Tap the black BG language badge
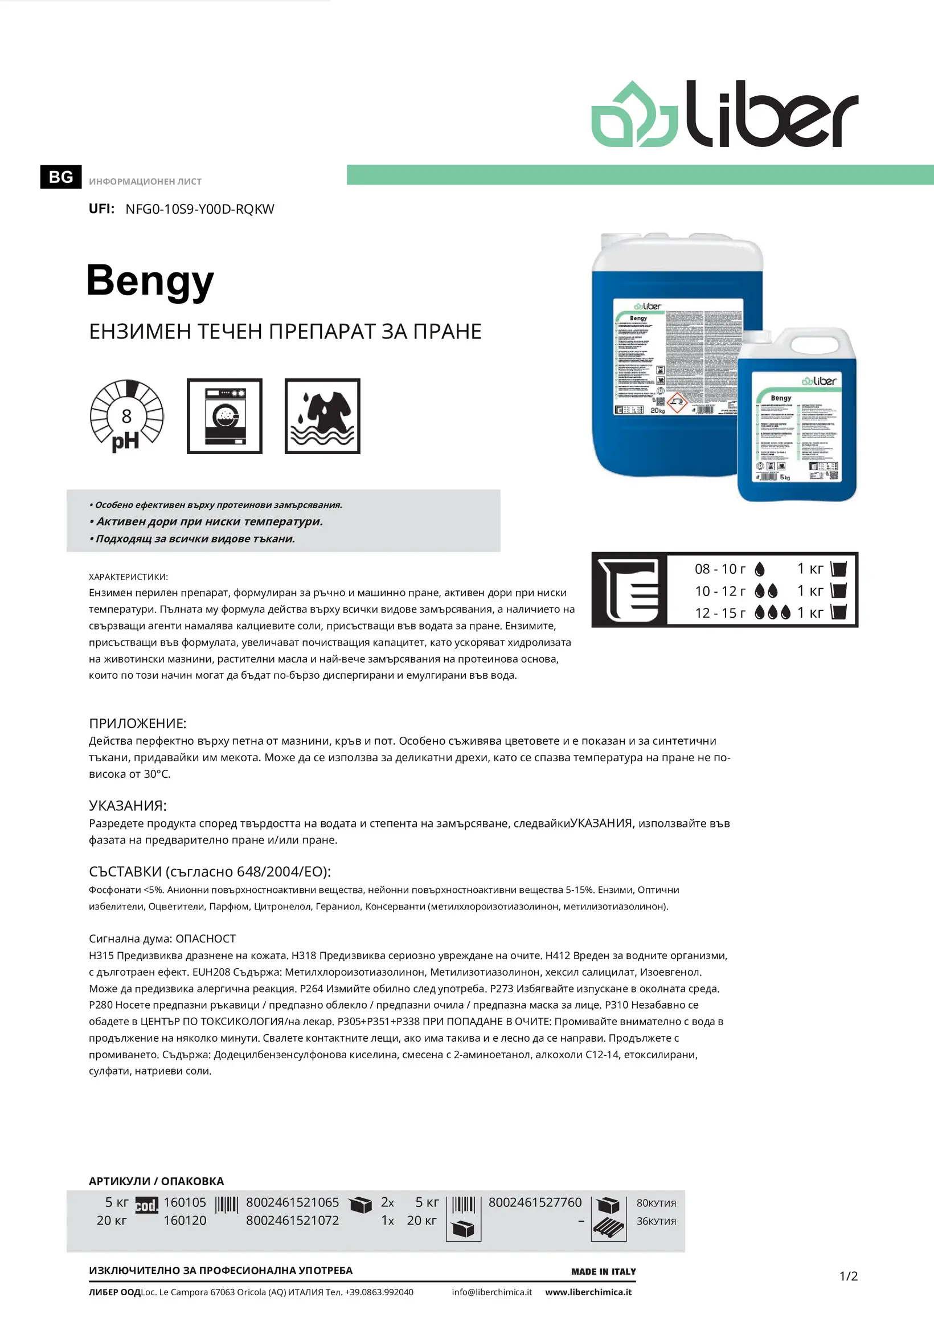tap(60, 177)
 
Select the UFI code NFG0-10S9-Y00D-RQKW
tap(200, 209)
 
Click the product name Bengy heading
tap(150, 281)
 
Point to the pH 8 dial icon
tap(126, 416)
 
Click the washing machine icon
tap(224, 417)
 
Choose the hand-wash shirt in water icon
tap(322, 417)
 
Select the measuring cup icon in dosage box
tap(629, 590)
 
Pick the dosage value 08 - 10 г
tap(720, 569)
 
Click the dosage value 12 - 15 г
tap(720, 613)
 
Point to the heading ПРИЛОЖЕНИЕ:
tap(138, 723)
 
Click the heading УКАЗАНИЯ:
tap(128, 806)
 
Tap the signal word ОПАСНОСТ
tap(206, 939)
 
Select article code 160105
tap(185, 1202)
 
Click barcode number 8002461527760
tap(535, 1202)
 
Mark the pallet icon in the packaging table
tap(608, 1228)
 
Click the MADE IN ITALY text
tap(603, 1271)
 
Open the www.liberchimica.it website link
tap(588, 1292)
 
